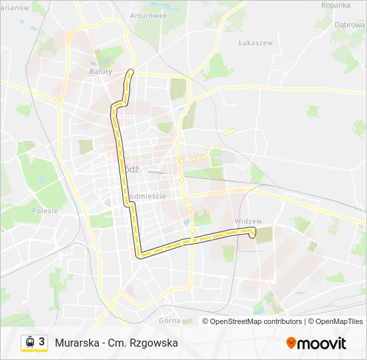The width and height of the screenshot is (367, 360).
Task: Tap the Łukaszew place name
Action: tap(256, 42)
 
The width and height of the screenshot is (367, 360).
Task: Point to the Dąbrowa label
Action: tap(350, 24)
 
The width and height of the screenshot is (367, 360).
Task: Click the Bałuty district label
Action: tap(101, 70)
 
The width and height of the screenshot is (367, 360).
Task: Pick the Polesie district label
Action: tap(45, 211)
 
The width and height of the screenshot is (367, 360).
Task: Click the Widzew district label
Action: tap(248, 221)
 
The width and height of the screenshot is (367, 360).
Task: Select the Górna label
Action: tap(169, 321)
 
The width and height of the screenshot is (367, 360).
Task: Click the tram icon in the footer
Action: tap(30, 342)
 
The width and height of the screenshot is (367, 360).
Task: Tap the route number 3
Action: tap(41, 342)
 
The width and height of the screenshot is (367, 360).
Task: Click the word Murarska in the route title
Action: tap(77, 343)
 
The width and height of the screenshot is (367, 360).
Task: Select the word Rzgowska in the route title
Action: tap(155, 343)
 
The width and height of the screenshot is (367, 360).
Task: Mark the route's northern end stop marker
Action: tap(131, 71)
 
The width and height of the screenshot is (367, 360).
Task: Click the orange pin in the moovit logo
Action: tap(291, 343)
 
